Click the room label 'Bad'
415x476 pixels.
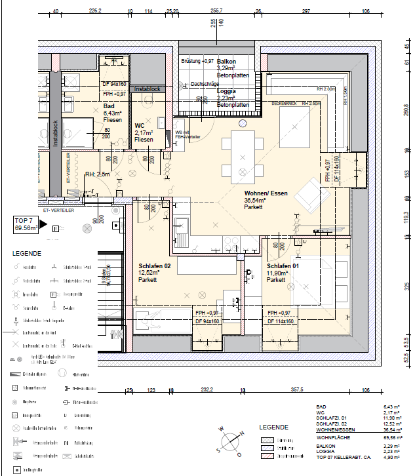pos(109,106)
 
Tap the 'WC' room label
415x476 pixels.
pos(140,125)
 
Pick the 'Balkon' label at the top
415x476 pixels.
pos(227,62)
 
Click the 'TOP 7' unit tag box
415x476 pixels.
pos(27,225)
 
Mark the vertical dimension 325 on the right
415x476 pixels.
pos(406,287)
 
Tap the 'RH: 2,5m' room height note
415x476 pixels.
pos(98,174)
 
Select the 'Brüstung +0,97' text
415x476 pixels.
pos(197,61)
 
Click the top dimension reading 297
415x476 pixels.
pos(306,11)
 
